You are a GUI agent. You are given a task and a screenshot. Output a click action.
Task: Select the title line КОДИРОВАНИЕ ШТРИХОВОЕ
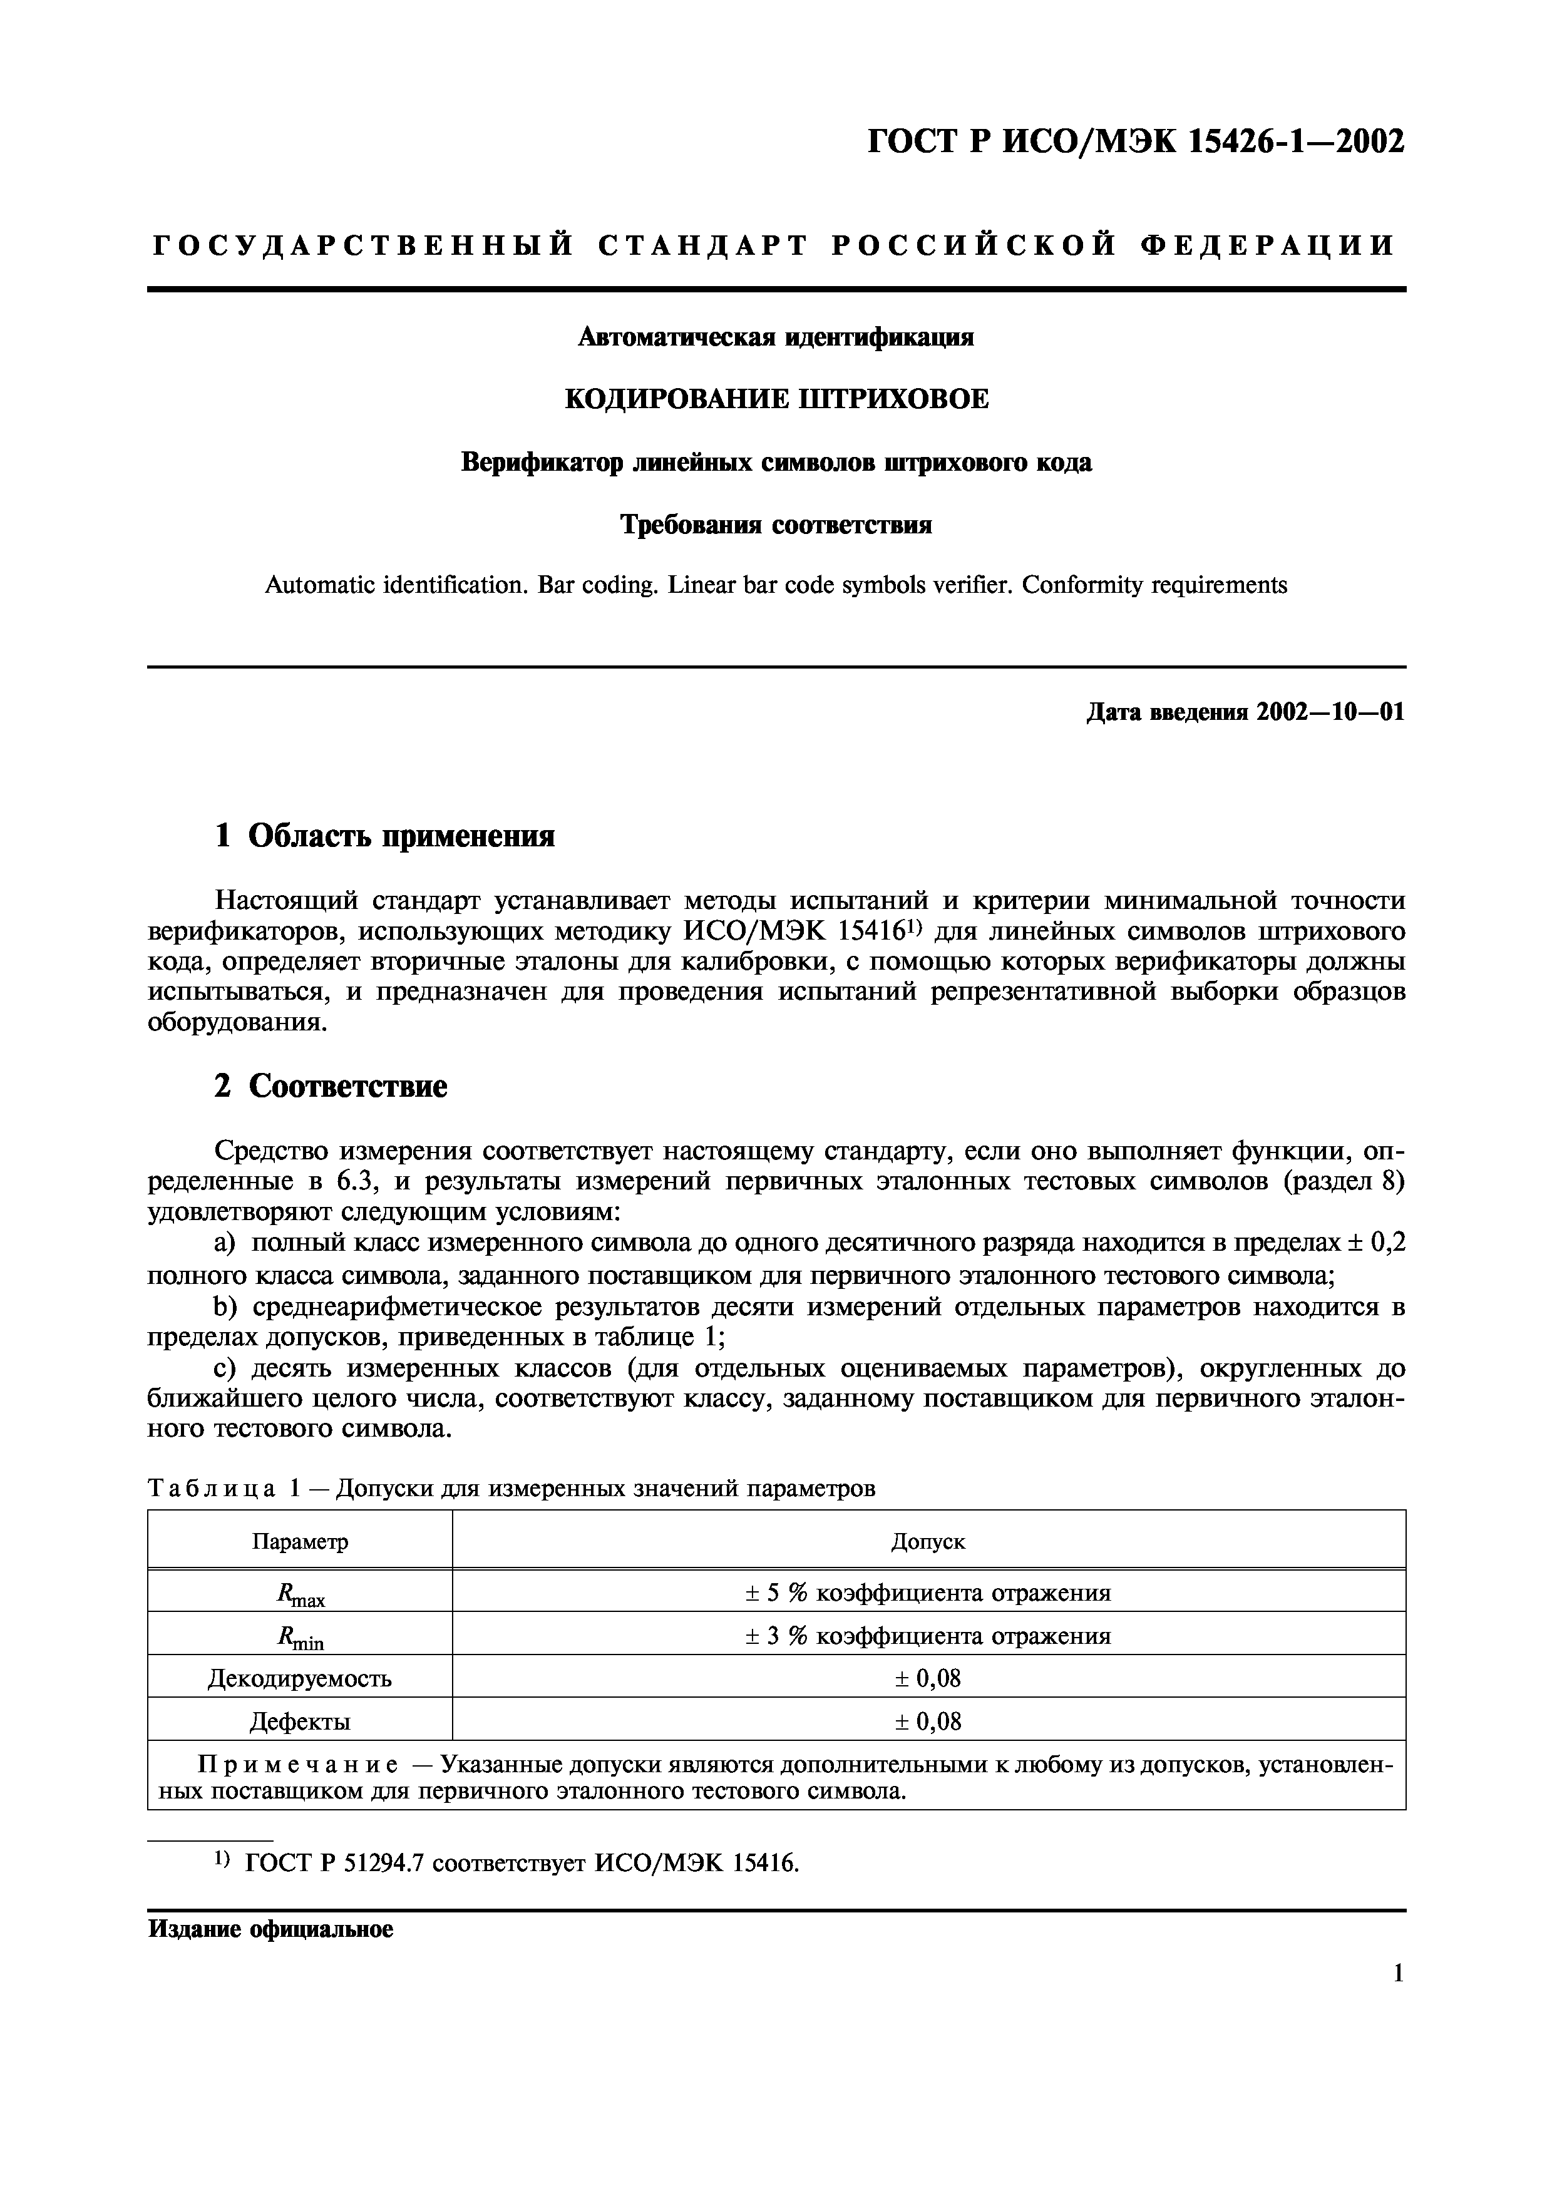click(x=776, y=399)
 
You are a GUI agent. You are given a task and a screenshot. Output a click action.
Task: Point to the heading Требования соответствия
click(x=776, y=525)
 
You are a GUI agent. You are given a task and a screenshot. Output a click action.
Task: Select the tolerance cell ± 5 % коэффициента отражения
click(x=928, y=1593)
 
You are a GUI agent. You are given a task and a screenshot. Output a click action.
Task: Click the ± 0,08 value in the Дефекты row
click(x=928, y=1721)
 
